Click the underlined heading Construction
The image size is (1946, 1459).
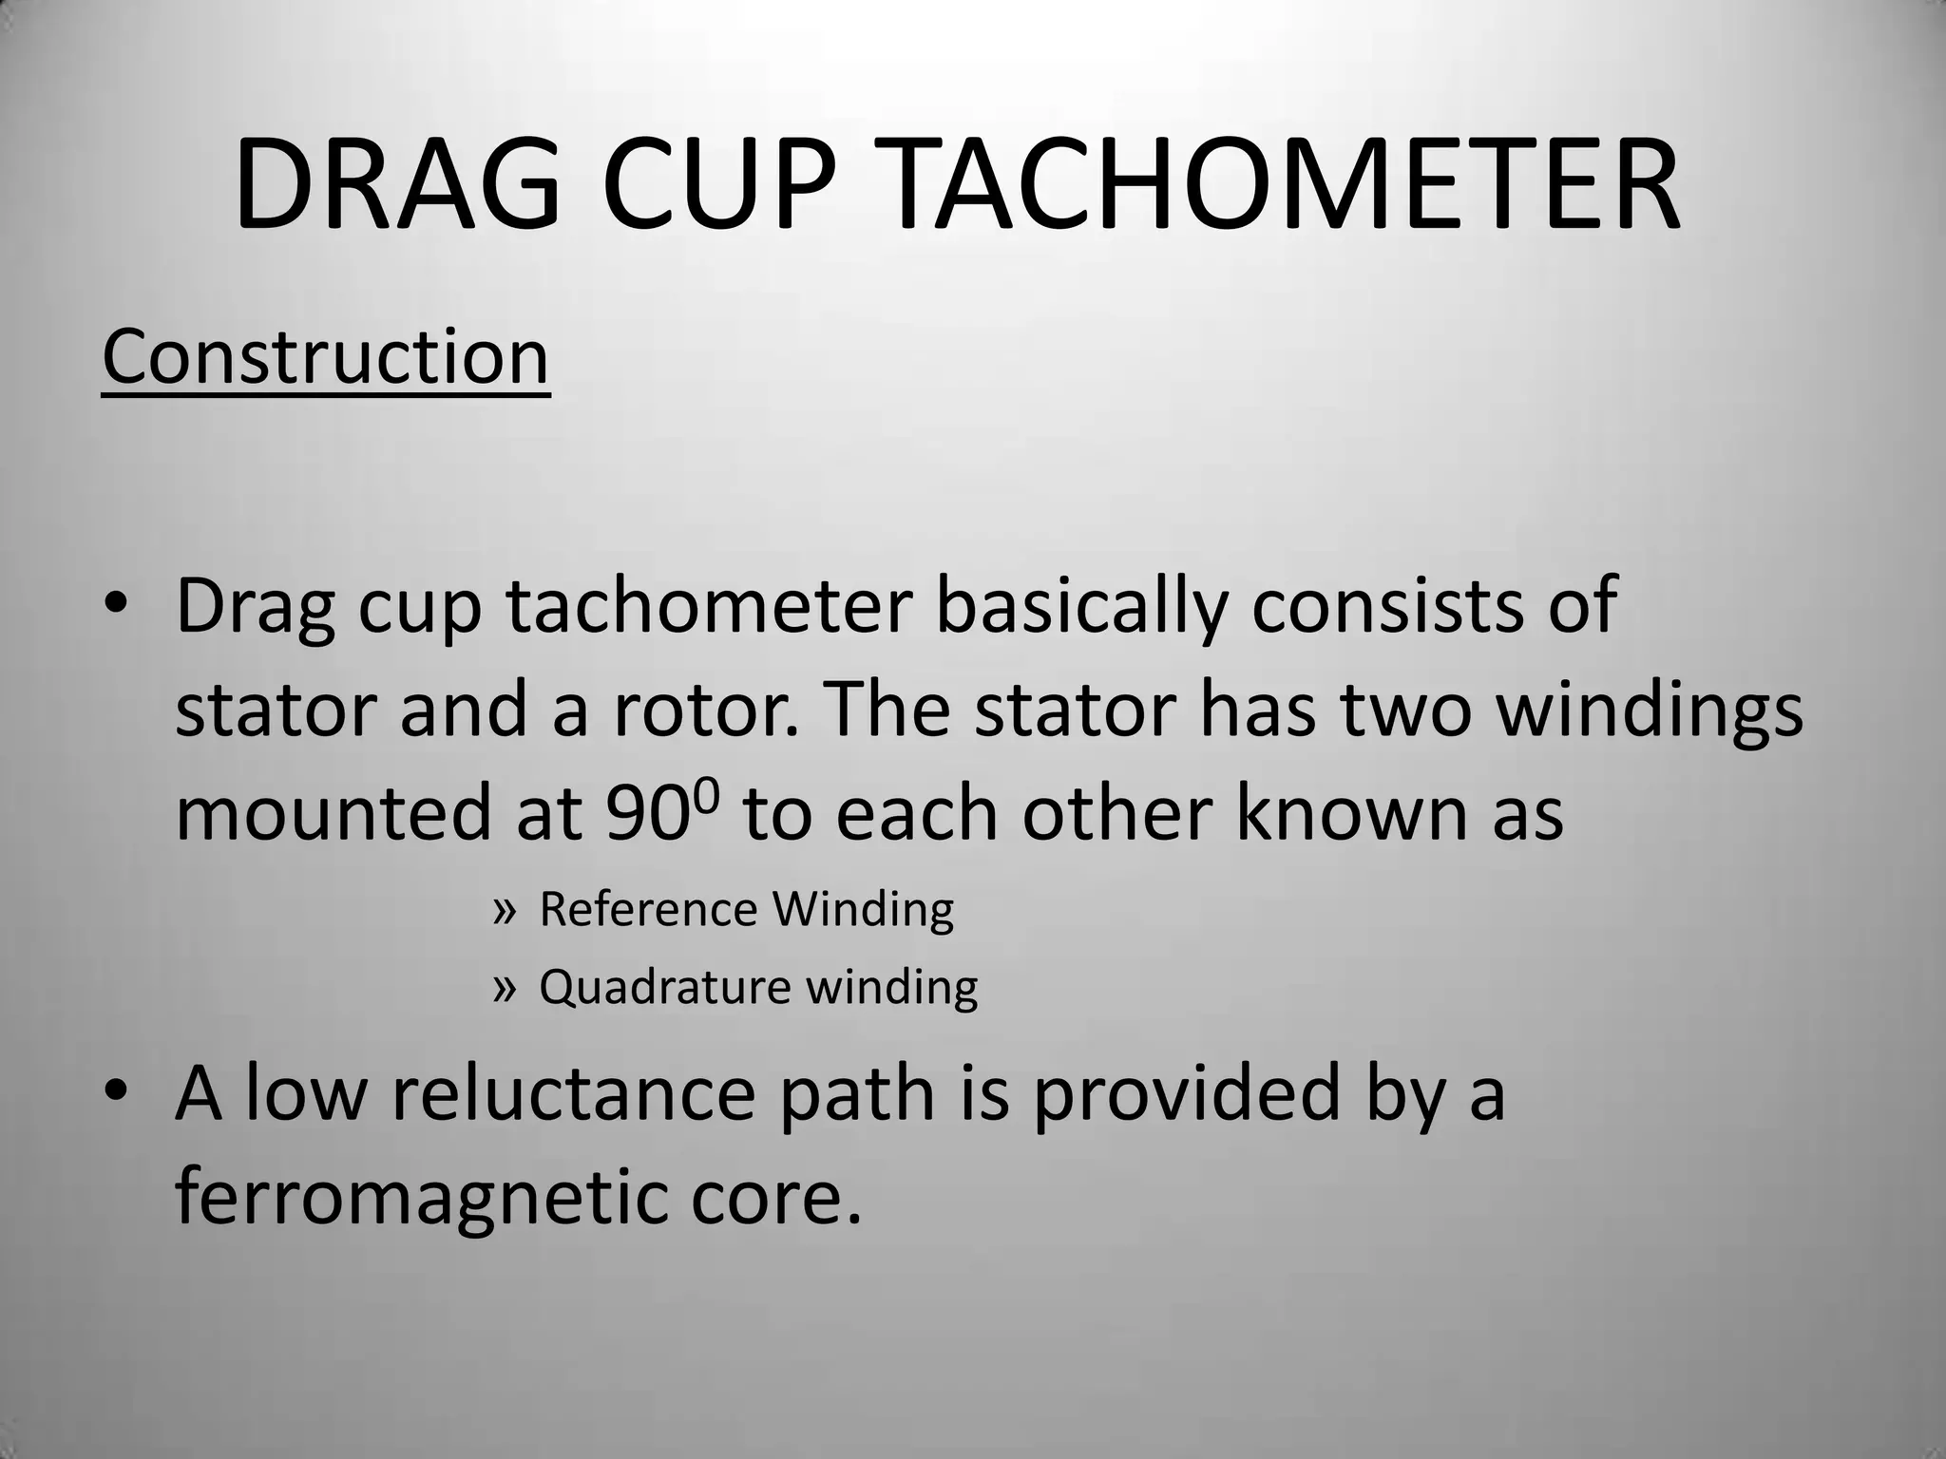coord(325,357)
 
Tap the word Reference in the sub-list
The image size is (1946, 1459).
coord(647,909)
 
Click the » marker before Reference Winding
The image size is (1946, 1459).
coord(505,910)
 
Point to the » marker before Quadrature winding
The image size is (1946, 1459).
coord(505,988)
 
